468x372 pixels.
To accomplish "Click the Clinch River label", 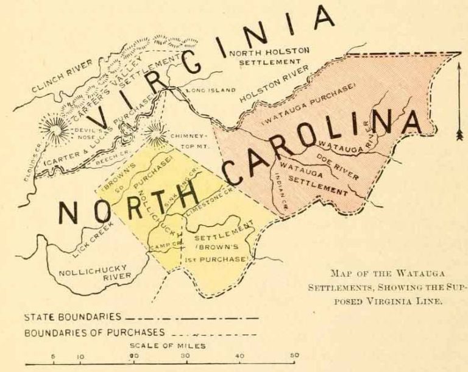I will click(61, 76).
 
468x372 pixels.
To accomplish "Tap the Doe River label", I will click(338, 164).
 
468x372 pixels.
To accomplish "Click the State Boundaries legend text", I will click(73, 318).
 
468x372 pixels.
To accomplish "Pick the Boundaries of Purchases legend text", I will click(95, 334).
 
